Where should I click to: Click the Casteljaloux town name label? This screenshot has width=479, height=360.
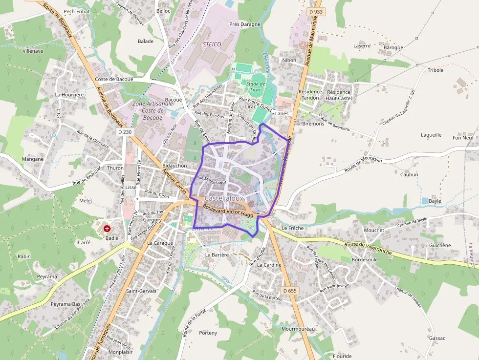click(224, 198)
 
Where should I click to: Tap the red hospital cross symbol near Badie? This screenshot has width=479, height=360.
click(107, 228)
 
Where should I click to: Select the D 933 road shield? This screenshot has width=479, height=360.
click(316, 11)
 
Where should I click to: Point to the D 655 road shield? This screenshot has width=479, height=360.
click(289, 291)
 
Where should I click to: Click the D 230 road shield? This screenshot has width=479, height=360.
click(125, 132)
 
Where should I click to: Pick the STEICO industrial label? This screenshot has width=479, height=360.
click(212, 44)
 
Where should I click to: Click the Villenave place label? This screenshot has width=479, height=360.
click(33, 50)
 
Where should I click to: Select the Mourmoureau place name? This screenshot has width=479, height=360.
click(298, 329)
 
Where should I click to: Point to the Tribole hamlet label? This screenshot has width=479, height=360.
click(435, 70)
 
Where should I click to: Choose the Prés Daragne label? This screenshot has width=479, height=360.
click(245, 24)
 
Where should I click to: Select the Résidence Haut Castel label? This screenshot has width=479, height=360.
click(339, 95)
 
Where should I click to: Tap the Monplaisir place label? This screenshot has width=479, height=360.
click(121, 352)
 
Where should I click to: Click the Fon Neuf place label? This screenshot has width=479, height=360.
click(463, 138)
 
